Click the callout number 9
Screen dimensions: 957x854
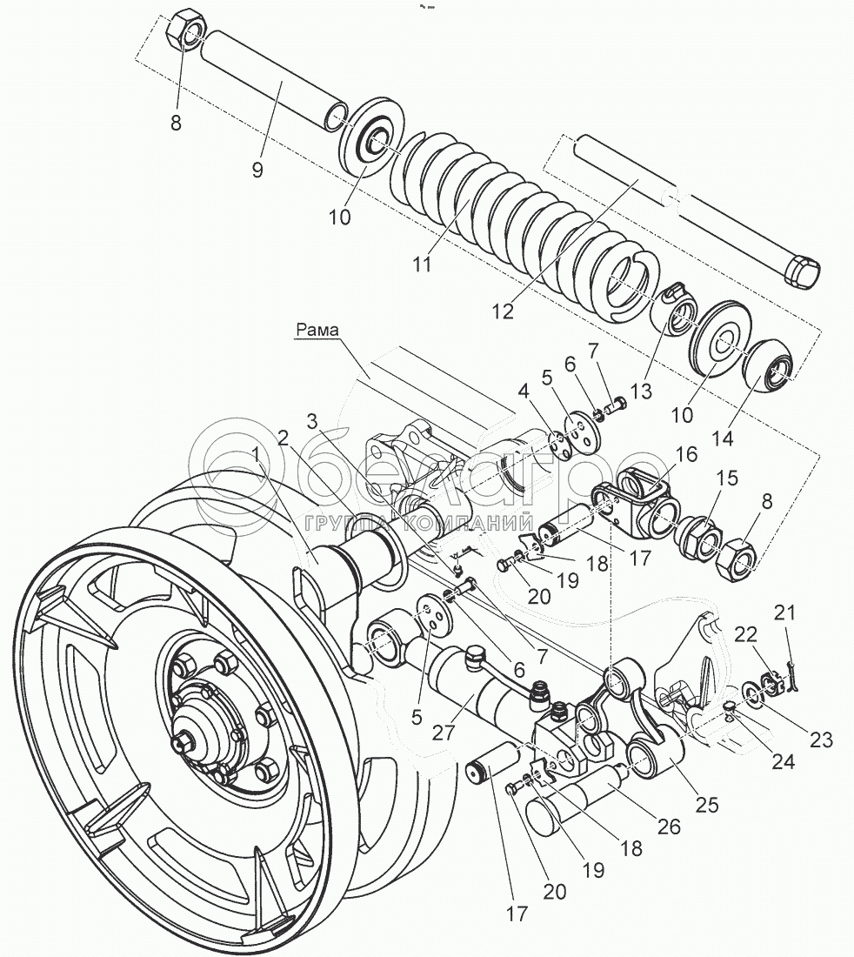257,170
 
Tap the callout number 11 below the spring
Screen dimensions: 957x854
422,264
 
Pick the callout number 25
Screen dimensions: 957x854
707,806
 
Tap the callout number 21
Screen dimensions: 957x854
785,614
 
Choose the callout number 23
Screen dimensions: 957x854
820,740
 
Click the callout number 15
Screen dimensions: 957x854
726,478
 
